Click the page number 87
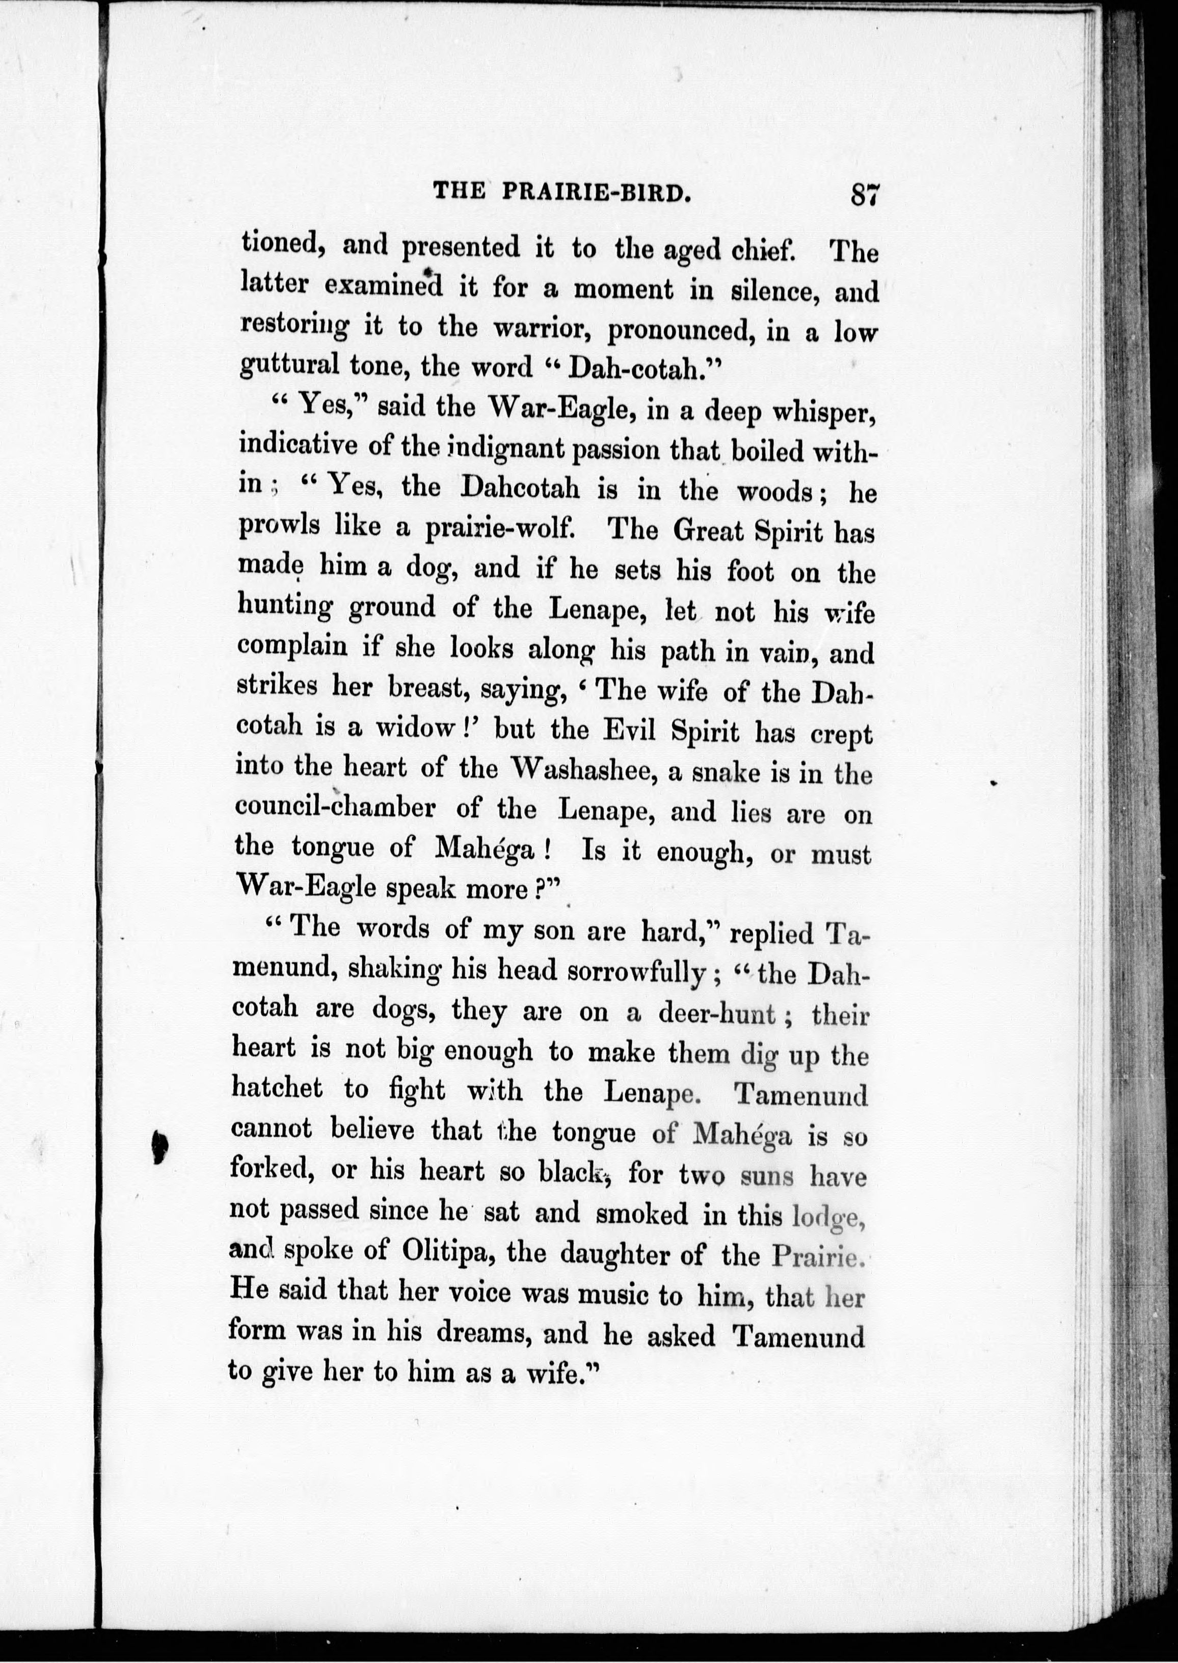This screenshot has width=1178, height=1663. pos(865,195)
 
